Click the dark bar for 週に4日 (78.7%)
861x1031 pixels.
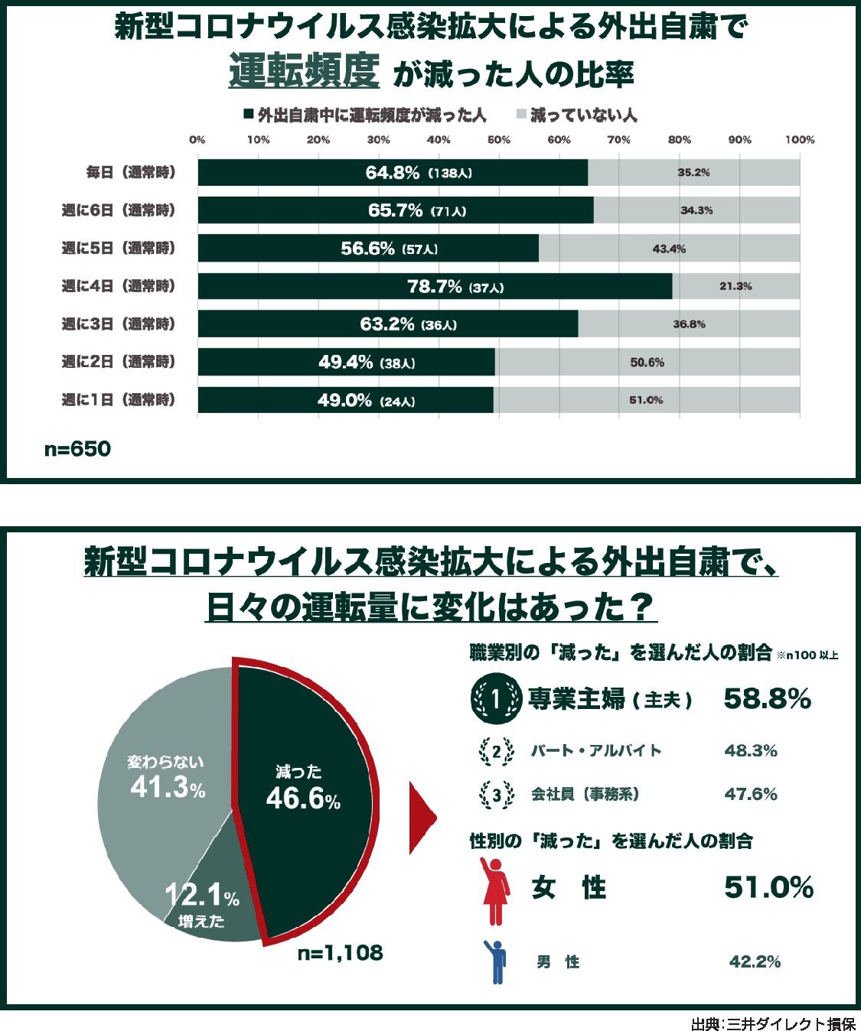[x=435, y=287]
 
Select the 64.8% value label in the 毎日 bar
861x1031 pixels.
[x=393, y=173]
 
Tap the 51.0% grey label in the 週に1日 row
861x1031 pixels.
[x=646, y=400]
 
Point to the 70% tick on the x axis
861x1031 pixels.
[x=618, y=140]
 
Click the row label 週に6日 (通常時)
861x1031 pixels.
[x=119, y=210]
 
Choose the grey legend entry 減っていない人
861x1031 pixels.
[x=576, y=115]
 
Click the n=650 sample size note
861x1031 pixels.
[x=77, y=449]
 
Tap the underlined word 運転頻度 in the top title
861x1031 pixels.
[x=304, y=73]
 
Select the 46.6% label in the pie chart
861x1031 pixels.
[x=303, y=799]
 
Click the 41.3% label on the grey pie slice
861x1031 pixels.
[x=168, y=786]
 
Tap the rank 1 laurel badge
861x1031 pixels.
[x=495, y=698]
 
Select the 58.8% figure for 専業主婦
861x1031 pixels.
[x=767, y=698]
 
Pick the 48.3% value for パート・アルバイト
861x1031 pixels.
[x=750, y=751]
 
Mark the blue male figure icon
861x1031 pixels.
[x=497, y=961]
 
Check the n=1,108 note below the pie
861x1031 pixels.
[x=340, y=953]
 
